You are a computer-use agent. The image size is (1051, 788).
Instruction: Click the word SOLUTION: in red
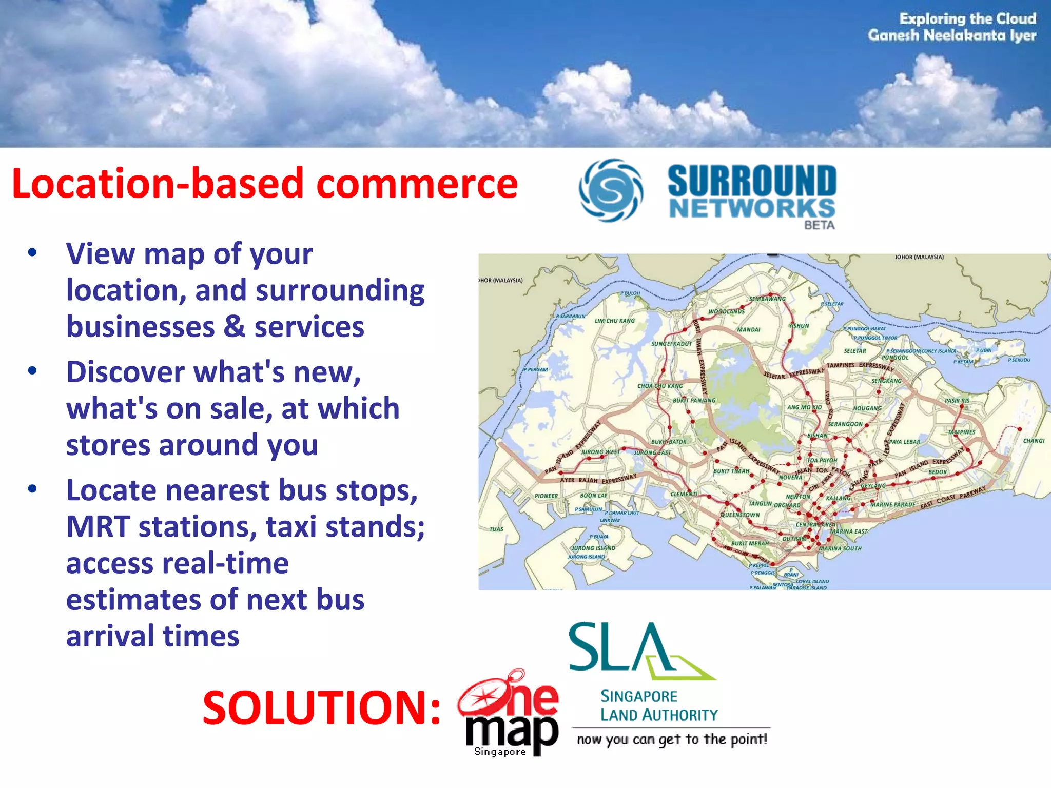tap(321, 708)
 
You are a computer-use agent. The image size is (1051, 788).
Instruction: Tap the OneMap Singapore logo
tap(508, 713)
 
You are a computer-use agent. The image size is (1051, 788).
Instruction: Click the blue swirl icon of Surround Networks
tap(610, 190)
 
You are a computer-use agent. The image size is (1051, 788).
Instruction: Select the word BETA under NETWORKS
tap(819, 225)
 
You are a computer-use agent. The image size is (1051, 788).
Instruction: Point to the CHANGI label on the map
tap(1033, 441)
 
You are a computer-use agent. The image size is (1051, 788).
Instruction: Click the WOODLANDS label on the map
tap(726, 311)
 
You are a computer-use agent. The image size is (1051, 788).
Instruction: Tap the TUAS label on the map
tap(496, 529)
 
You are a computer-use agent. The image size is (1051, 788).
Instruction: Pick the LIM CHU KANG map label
tap(614, 321)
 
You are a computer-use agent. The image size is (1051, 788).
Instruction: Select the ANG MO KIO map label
tap(804, 407)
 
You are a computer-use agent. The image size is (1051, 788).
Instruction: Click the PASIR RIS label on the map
tap(957, 401)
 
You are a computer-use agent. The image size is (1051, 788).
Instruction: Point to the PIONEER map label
tap(546, 496)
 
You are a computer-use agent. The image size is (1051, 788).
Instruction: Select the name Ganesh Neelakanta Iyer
tap(952, 35)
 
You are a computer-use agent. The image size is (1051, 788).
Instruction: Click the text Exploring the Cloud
tap(967, 18)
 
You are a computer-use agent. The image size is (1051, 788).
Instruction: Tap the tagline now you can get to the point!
tap(672, 739)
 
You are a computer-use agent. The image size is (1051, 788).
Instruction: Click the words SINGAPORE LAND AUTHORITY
tap(659, 706)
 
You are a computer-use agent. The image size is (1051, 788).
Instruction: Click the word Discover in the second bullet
tap(125, 372)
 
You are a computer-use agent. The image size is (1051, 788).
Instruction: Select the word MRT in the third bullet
tap(97, 527)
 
